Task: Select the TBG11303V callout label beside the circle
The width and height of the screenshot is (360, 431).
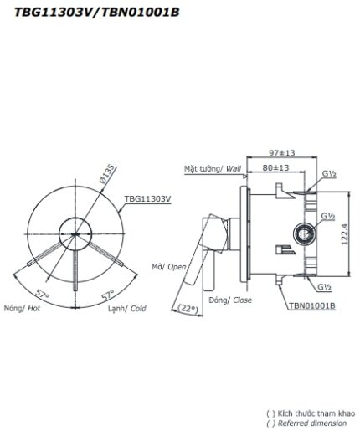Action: click(x=147, y=199)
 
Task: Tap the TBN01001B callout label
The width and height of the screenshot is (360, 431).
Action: click(x=311, y=307)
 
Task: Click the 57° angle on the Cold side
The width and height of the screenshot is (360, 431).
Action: click(x=107, y=295)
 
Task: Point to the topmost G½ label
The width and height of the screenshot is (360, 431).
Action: click(x=329, y=175)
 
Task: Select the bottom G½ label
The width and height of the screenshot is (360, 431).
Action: click(x=328, y=287)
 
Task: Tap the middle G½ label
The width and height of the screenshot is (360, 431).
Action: click(x=328, y=217)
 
